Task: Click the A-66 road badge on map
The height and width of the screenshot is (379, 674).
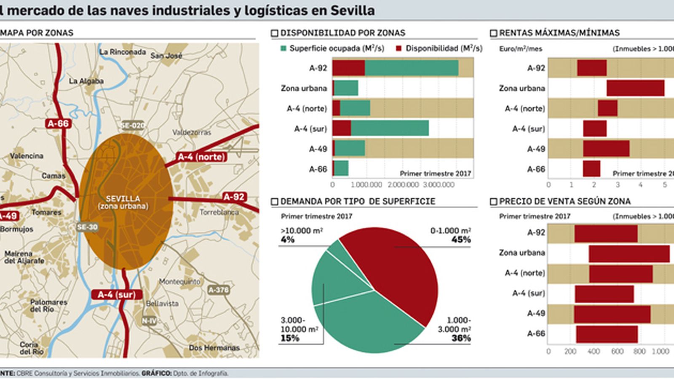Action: tap(58, 123)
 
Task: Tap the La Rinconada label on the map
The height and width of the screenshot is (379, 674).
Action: tap(123, 52)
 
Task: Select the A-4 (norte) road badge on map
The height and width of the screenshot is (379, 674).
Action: tap(201, 157)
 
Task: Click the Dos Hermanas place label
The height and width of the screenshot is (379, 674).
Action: tap(214, 348)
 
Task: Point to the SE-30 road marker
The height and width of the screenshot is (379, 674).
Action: tap(87, 227)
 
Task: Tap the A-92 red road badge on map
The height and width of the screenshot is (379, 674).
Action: tap(234, 197)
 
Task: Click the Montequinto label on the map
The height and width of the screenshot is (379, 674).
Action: tap(179, 281)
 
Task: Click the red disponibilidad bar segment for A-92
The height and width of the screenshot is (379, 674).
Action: tap(348, 68)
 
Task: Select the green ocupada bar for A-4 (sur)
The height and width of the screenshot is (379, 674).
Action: tap(390, 128)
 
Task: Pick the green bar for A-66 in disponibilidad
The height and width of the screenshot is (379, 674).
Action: tap(341, 168)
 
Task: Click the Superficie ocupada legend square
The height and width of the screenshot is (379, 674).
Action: tap(284, 49)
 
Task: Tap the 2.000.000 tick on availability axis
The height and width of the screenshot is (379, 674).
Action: tap(403, 185)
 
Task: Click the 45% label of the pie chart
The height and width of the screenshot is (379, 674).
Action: tap(461, 240)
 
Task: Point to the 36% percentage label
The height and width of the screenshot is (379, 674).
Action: tap(461, 338)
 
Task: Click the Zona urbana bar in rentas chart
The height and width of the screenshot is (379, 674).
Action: tap(635, 88)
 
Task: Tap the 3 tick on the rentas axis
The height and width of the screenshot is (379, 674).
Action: tap(618, 185)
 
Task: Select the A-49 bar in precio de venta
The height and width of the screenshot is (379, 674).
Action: tap(612, 314)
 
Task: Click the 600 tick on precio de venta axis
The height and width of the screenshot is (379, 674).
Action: tap(617, 351)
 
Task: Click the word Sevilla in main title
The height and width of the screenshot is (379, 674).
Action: tap(352, 10)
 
